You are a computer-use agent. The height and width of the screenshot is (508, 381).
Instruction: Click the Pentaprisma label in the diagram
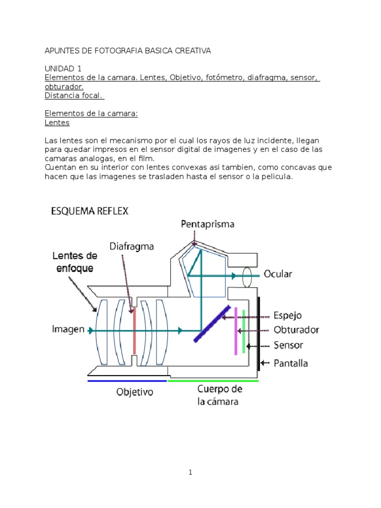207,224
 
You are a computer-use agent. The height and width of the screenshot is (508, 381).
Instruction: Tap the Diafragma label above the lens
131,246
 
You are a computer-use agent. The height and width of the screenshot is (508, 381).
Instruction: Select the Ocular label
278,274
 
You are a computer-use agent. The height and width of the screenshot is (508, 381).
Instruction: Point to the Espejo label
288,316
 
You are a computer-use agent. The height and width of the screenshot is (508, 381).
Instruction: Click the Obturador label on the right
296,330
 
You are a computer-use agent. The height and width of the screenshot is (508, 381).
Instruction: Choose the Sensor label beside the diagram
288,345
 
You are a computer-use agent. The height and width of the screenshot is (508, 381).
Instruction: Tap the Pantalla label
291,363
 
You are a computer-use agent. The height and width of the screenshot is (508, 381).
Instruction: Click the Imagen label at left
68,329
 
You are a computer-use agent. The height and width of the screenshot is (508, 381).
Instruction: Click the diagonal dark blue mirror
212,323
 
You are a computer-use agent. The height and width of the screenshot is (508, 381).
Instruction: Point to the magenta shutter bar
236,331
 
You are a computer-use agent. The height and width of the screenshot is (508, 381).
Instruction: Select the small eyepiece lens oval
248,277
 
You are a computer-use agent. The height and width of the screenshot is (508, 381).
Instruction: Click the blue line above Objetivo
127,381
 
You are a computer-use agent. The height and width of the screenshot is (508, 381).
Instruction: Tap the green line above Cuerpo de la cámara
213,381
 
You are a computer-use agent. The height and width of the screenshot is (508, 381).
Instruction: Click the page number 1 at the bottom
190,473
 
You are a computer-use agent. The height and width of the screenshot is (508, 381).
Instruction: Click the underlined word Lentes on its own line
57,123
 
